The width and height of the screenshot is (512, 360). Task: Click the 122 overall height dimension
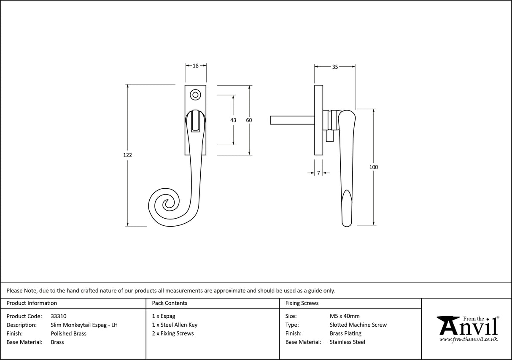[x=127, y=155]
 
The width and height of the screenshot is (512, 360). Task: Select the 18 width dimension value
[x=196, y=66]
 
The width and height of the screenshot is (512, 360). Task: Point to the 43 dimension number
[x=233, y=120]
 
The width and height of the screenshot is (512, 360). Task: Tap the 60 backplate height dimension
[x=249, y=120]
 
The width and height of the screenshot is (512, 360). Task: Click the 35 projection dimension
[x=335, y=67]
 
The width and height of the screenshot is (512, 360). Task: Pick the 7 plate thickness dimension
[x=318, y=173]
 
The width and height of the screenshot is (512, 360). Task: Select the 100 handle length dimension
[x=373, y=168]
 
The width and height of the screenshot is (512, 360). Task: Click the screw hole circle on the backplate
[x=195, y=95]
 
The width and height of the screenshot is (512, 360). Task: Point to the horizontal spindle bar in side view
[x=291, y=120]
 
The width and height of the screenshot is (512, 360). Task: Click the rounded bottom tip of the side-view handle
[x=346, y=223]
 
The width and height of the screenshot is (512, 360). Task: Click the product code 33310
[x=58, y=316]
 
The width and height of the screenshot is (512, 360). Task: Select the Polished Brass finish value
[x=68, y=333]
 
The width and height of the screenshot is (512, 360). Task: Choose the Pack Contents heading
[x=169, y=303]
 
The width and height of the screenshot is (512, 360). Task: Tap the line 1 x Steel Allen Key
[x=175, y=325]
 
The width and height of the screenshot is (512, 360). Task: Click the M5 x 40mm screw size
[x=345, y=316]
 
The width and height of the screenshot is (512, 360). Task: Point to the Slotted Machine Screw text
[x=358, y=325]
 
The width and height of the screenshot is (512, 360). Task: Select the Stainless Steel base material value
[x=347, y=342]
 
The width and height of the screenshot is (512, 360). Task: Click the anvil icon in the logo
[x=448, y=325]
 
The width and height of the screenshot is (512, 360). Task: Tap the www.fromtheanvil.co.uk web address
[x=468, y=339]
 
